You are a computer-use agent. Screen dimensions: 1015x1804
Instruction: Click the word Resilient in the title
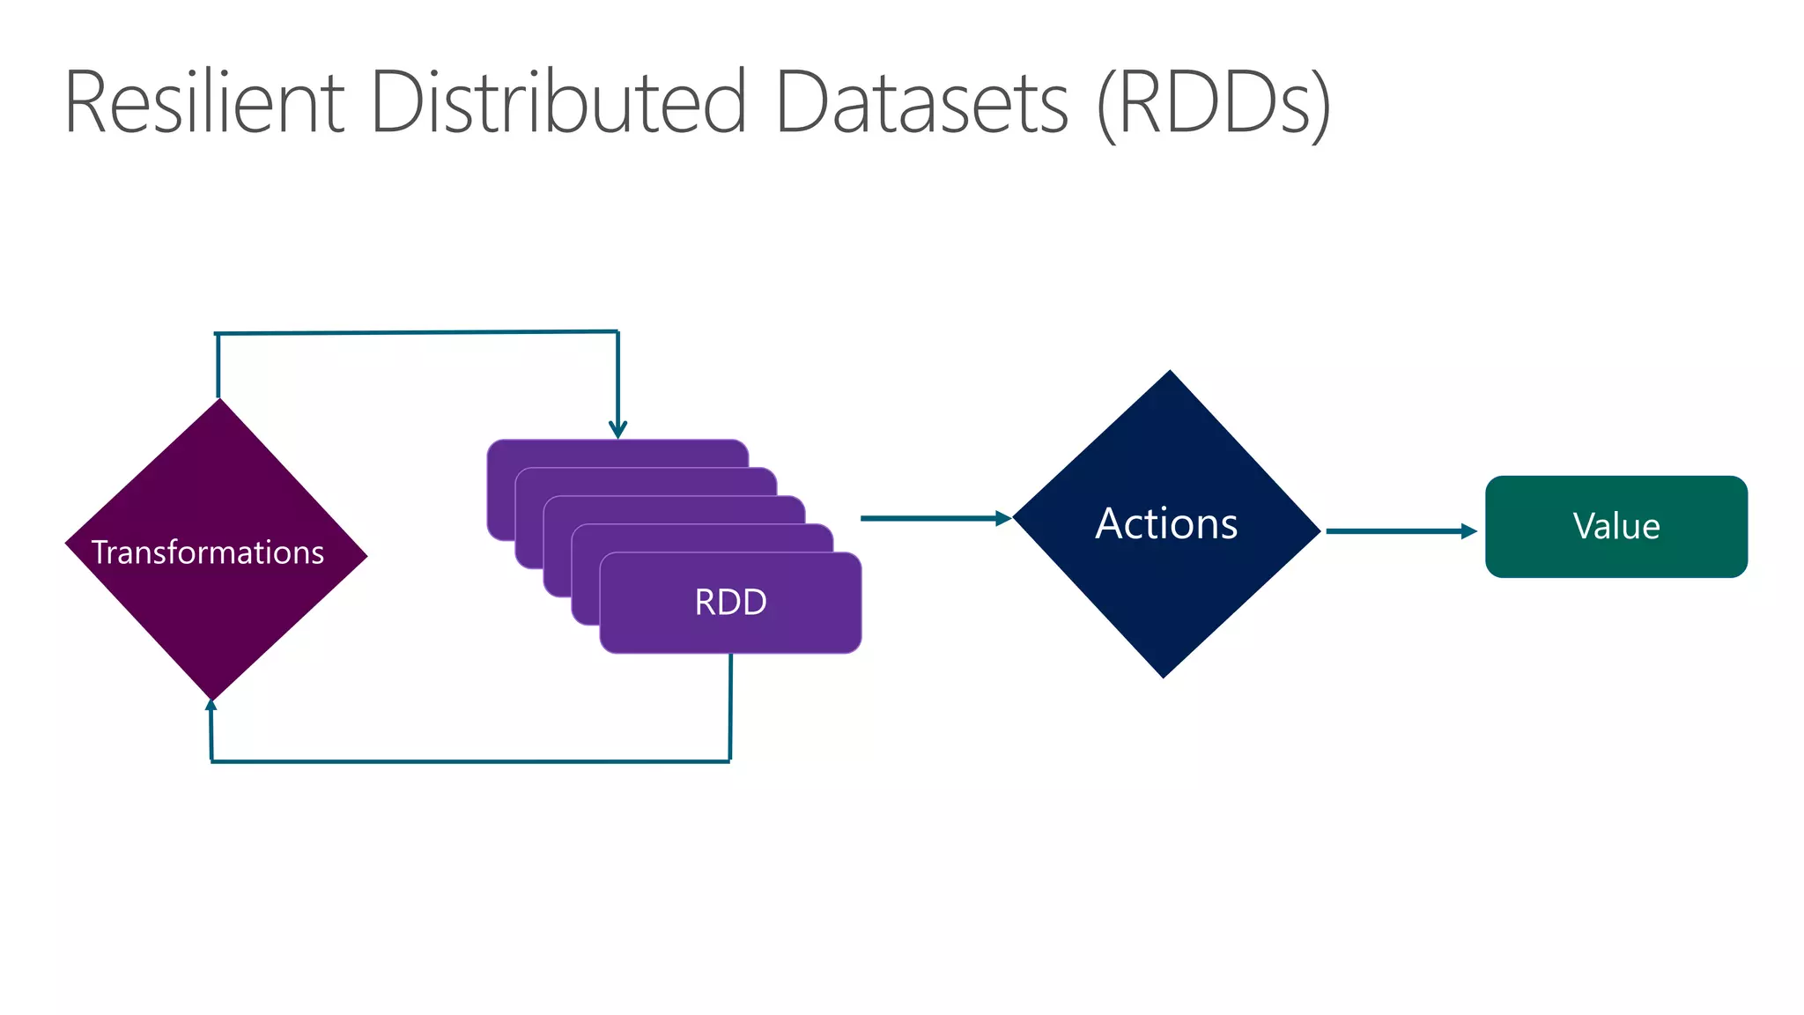(204, 104)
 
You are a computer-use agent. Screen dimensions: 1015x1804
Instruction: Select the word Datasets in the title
(922, 104)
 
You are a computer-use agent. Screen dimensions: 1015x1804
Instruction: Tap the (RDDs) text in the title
(1215, 104)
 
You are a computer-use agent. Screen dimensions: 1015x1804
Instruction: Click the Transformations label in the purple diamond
(208, 552)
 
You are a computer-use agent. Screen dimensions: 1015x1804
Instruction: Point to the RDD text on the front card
(730, 603)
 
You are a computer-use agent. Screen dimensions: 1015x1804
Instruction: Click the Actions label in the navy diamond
(1166, 523)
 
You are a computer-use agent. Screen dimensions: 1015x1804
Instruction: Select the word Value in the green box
(1616, 527)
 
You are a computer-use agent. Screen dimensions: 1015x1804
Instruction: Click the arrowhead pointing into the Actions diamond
(1003, 518)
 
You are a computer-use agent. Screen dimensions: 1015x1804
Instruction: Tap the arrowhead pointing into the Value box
(1468, 531)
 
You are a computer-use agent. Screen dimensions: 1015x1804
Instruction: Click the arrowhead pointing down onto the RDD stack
(617, 430)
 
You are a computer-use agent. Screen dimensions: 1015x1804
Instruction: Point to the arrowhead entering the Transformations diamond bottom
(211, 706)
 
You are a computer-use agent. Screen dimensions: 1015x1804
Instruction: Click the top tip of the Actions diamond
(1170, 373)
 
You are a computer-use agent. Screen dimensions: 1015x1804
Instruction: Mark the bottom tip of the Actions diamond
(1164, 675)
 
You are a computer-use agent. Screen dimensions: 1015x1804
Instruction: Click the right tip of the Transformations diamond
(365, 555)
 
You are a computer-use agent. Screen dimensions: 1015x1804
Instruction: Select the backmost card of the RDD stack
(617, 452)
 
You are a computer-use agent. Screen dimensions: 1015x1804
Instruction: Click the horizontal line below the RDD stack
(471, 760)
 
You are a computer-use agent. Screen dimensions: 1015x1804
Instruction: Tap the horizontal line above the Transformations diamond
(414, 332)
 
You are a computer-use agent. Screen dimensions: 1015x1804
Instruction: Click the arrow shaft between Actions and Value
(1392, 531)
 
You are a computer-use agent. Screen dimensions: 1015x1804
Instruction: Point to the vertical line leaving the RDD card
(730, 705)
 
